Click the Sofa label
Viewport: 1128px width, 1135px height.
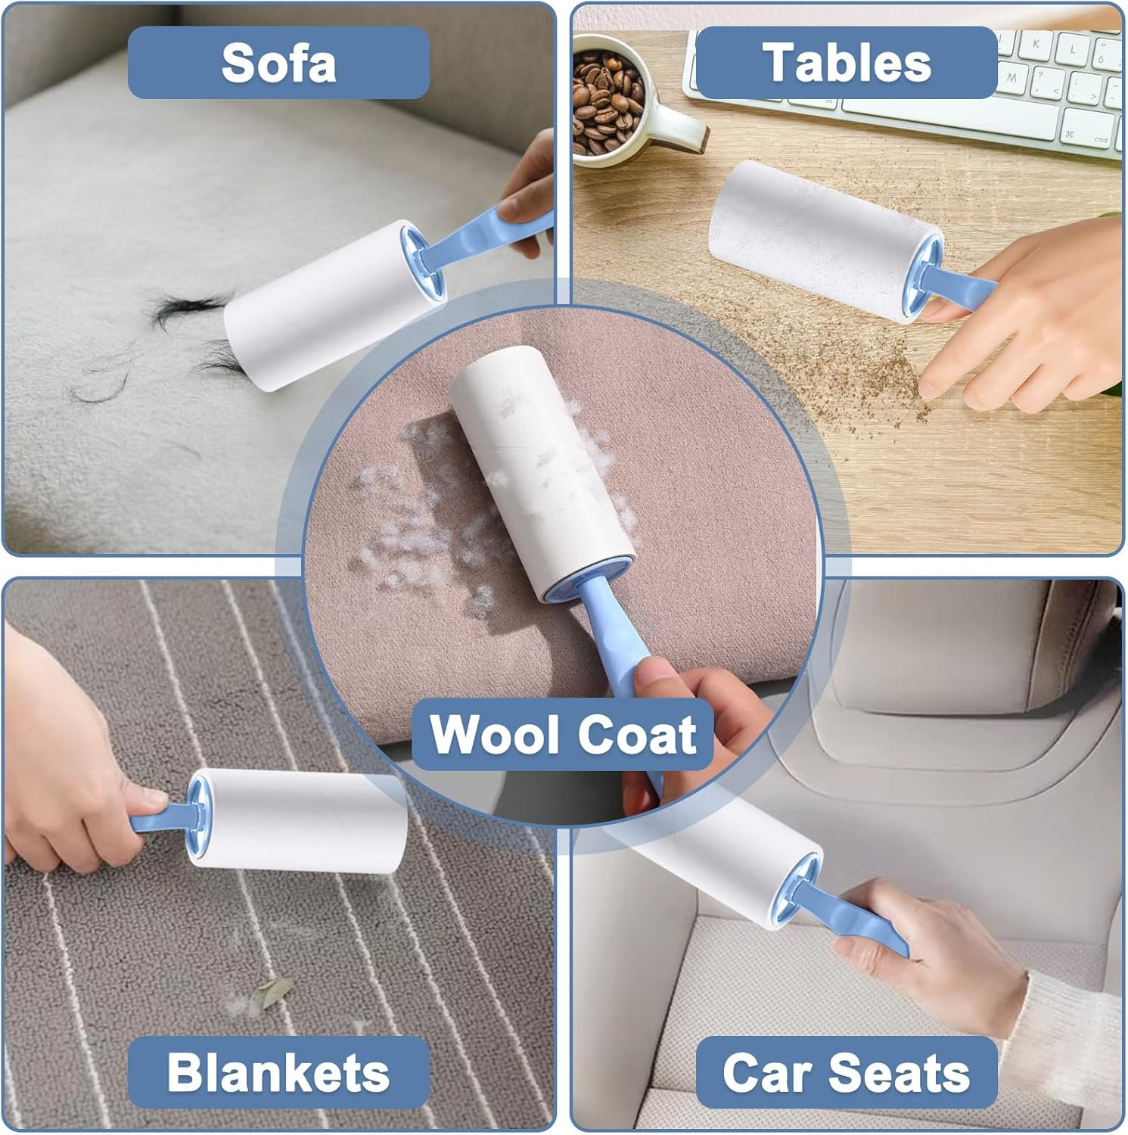coord(278,63)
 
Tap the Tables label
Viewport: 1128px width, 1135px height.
coord(846,63)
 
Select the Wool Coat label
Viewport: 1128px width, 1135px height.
coord(563,734)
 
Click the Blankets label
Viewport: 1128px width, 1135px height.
coord(278,1072)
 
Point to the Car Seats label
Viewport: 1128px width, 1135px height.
coord(846,1072)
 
